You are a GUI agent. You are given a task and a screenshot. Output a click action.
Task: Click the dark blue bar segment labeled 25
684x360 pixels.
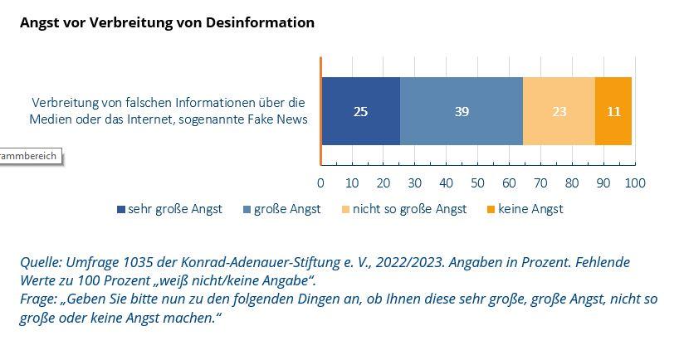360,111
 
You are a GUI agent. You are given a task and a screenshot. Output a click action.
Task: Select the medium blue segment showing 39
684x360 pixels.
462,111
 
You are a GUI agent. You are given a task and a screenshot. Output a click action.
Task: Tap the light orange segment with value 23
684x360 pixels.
559,111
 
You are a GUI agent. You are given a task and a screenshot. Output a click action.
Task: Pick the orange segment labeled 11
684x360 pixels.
613,111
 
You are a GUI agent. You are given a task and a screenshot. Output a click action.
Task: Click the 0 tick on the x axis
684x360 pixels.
320,182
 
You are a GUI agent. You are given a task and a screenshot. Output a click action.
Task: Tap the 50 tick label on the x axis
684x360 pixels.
478,182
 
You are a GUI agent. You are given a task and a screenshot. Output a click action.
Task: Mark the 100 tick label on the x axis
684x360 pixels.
635,182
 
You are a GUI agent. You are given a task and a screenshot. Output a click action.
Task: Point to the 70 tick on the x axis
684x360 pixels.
541,182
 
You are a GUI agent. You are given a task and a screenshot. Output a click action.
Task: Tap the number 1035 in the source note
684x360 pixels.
145,262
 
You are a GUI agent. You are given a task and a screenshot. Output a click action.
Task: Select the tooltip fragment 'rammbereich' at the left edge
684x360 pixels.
29,155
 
